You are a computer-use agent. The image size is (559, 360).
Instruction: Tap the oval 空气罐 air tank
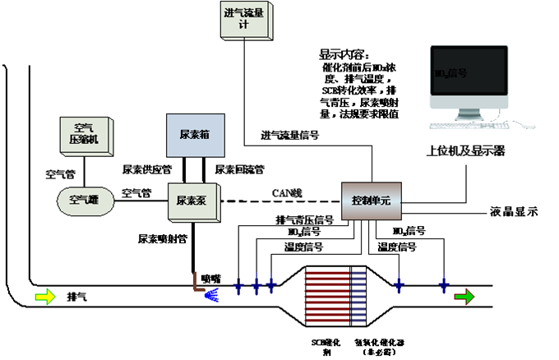tap(83, 199)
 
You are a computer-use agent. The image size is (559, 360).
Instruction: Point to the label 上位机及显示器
tap(465, 151)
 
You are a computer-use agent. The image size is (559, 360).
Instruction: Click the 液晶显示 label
tap(512, 211)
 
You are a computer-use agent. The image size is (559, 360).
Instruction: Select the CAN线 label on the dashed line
tap(288, 193)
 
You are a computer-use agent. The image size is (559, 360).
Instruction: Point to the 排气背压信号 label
tap(304, 220)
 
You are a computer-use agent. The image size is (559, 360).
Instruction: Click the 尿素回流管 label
tap(239, 169)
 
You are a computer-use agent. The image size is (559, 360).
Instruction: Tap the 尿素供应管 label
tap(146, 169)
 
